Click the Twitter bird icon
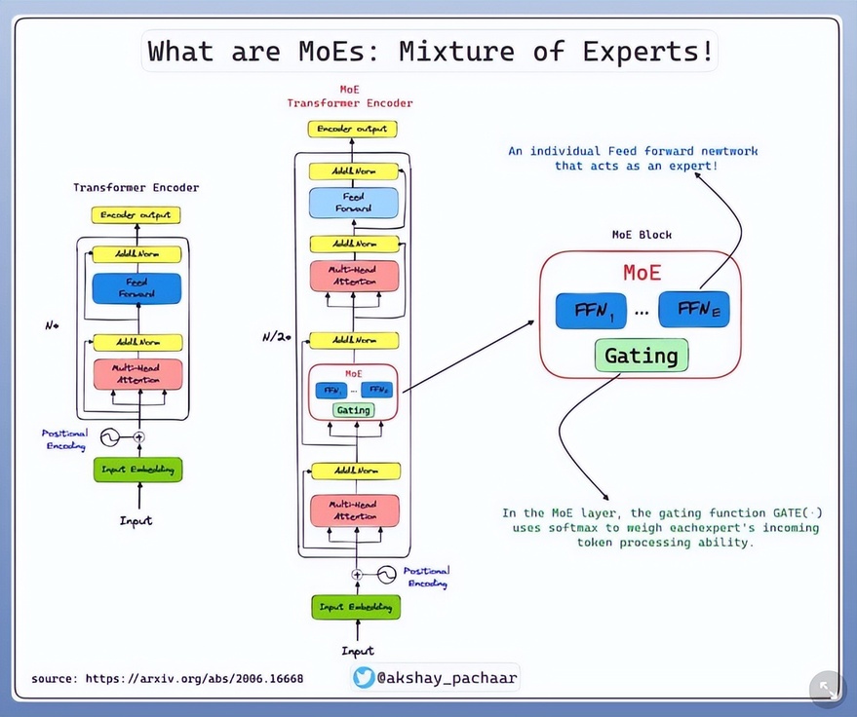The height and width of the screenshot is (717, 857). click(365, 677)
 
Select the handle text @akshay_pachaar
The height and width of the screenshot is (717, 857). click(446, 677)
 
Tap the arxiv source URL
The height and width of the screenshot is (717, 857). click(167, 678)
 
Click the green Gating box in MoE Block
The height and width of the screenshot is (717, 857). click(641, 356)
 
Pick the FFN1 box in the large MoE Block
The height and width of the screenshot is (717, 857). click(591, 311)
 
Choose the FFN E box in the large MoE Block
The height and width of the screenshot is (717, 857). click(693, 311)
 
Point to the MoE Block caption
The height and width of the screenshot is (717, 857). click(642, 235)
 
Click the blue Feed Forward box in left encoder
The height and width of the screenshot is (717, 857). click(137, 288)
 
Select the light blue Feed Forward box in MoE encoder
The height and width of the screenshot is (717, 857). click(353, 203)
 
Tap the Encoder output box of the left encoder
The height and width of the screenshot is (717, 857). click(137, 215)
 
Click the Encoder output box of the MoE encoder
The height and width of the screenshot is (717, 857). click(353, 129)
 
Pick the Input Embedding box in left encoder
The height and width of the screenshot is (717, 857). click(137, 470)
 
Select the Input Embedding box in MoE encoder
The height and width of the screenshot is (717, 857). click(357, 607)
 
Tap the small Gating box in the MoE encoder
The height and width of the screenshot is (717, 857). click(353, 410)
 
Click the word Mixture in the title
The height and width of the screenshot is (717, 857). click(465, 51)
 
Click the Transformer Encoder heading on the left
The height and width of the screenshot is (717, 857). click(136, 187)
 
